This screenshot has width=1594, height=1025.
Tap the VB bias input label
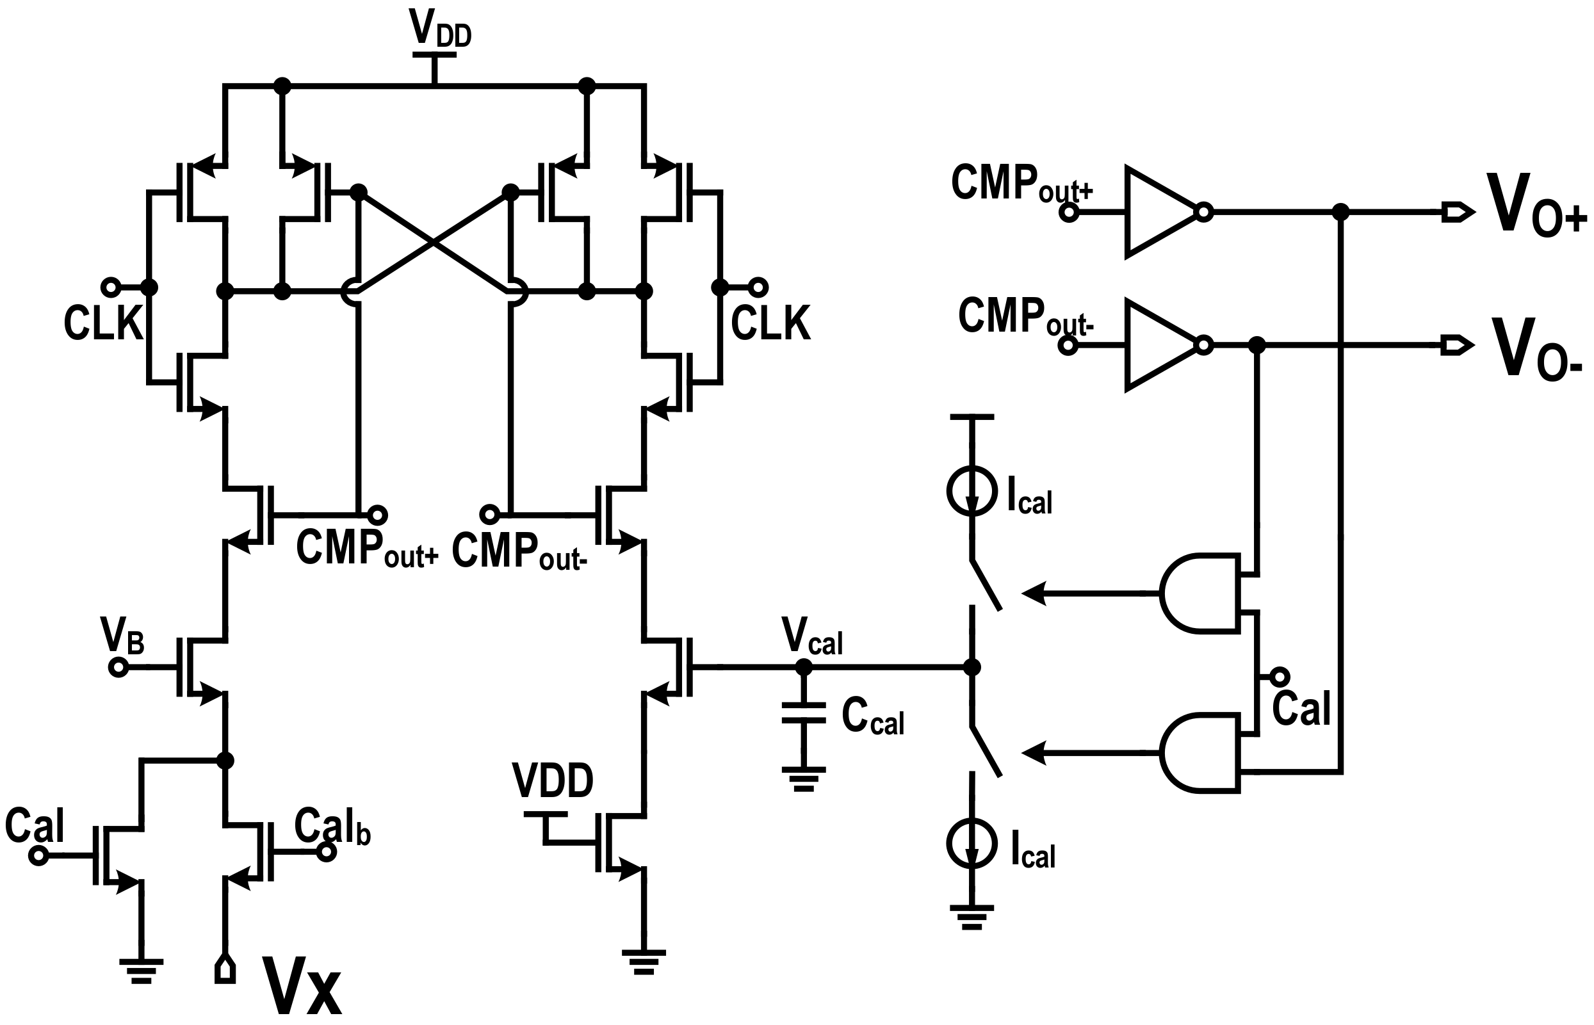coord(122,636)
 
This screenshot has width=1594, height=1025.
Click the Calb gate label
coord(332,827)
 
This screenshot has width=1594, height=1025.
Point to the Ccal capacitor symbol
coord(804,713)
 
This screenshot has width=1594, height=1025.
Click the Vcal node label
coord(811,638)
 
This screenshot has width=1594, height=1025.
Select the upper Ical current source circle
coord(972,491)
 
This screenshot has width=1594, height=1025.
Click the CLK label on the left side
coord(103,324)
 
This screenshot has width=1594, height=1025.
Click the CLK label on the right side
coord(771,324)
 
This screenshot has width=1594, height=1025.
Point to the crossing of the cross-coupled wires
coord(434,243)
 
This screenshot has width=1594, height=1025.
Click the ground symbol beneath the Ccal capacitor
coord(804,778)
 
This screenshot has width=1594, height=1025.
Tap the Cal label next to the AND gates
coord(1300,709)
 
